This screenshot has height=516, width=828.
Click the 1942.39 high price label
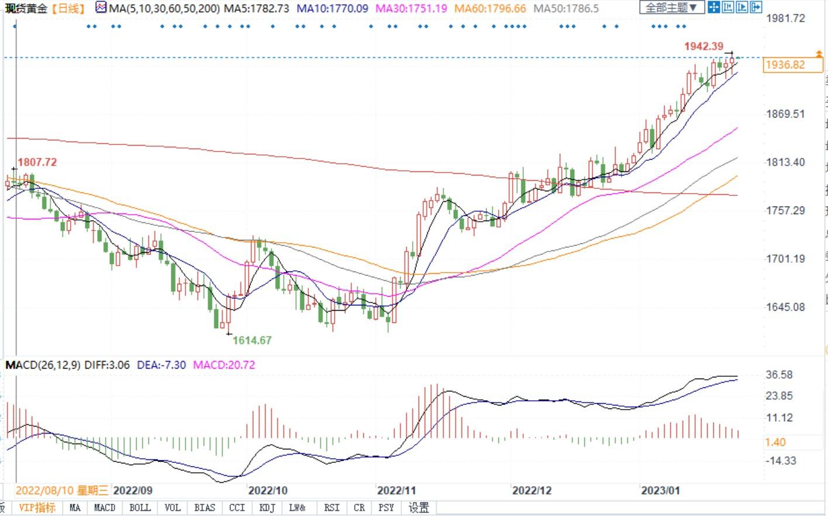[x=703, y=46]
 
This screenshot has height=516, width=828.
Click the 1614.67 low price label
[x=252, y=340]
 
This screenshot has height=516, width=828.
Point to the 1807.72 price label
[x=37, y=162]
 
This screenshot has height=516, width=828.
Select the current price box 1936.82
[x=785, y=65]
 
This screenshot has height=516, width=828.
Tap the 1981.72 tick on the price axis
[x=785, y=18]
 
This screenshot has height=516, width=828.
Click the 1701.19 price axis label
[x=785, y=258]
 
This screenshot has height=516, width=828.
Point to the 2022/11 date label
[x=396, y=490]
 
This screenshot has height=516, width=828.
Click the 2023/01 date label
[x=661, y=490]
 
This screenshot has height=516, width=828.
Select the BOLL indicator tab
[x=140, y=508]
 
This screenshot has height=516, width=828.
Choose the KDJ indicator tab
[x=267, y=508]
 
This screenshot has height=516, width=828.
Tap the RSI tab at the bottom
[x=332, y=508]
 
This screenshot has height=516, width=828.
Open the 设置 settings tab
[x=419, y=508]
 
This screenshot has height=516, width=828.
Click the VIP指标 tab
[x=37, y=508]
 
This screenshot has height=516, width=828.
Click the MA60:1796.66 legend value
[x=490, y=8]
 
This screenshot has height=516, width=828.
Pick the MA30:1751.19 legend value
[x=411, y=8]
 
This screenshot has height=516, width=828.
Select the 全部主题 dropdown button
[x=671, y=8]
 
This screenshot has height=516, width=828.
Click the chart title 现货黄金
[x=26, y=8]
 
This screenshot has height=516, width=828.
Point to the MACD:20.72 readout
[x=224, y=365]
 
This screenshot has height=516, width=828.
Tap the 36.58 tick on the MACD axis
[x=779, y=375]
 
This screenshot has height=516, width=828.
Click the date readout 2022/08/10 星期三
[x=62, y=490]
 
